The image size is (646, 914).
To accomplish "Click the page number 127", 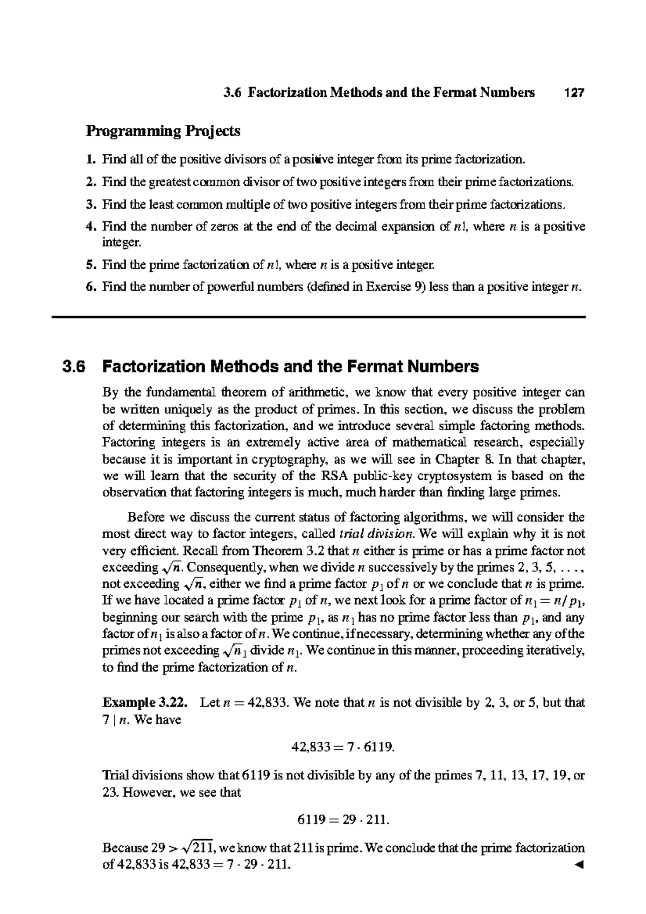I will click(573, 93).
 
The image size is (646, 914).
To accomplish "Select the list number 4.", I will click(90, 227).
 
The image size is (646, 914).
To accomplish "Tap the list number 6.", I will click(90, 287).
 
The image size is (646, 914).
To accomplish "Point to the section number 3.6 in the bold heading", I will click(73, 367).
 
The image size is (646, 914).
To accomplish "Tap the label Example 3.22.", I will click(145, 703).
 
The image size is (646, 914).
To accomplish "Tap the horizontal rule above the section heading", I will click(318, 318).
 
